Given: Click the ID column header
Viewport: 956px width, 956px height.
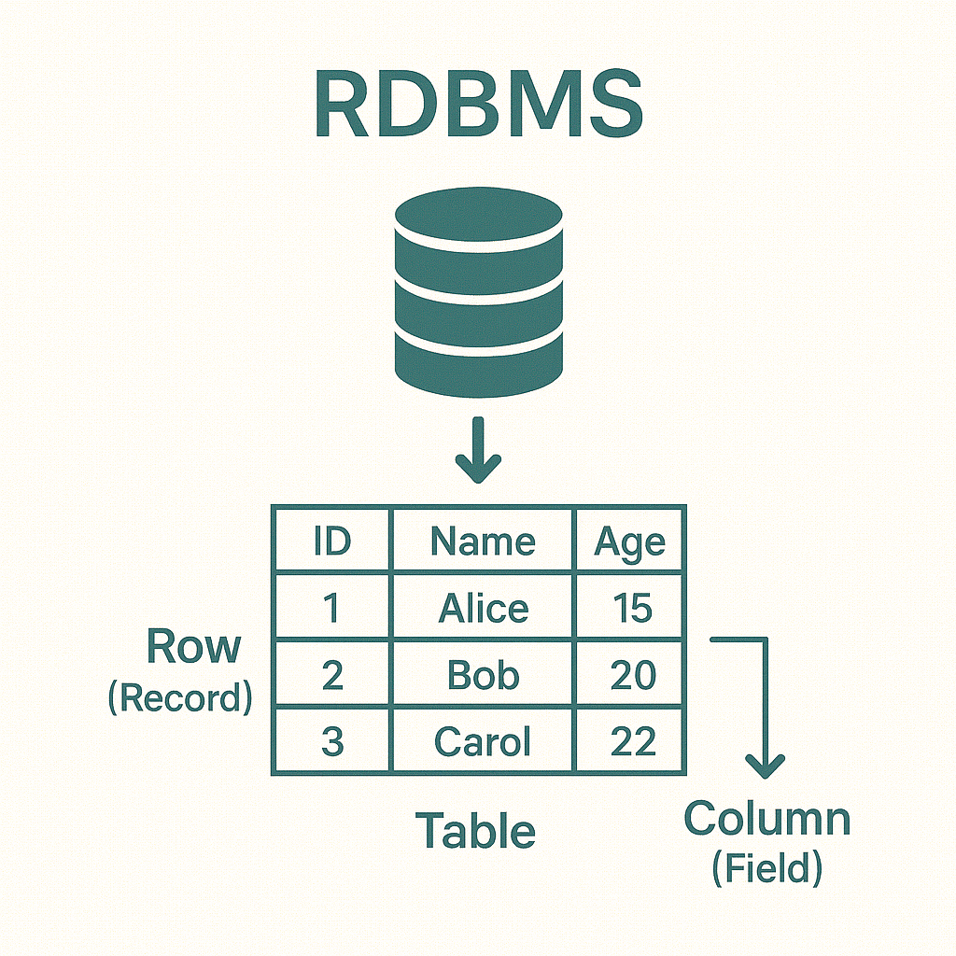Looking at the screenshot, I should click(x=332, y=541).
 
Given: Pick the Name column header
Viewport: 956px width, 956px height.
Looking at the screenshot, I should click(x=483, y=541).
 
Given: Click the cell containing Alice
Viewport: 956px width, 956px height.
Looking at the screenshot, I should click(x=483, y=609).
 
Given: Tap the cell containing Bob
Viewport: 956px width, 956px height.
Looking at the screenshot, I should click(x=483, y=675).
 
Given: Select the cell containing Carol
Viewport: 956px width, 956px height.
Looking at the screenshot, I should click(x=483, y=742).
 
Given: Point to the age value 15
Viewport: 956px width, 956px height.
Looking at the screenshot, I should click(x=632, y=609).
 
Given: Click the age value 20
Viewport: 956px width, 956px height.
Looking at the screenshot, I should click(x=632, y=675).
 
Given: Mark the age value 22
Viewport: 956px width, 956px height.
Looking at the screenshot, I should click(x=632, y=742).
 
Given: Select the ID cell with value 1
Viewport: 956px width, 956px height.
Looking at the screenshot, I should click(x=332, y=609).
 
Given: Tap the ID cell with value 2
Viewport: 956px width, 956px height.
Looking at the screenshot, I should click(x=332, y=675).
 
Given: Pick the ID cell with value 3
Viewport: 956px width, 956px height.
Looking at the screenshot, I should click(x=332, y=742).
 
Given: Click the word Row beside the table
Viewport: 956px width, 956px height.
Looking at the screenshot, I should click(x=193, y=647).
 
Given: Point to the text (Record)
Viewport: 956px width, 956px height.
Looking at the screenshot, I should click(x=180, y=698).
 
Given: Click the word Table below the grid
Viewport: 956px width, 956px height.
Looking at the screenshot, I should click(x=475, y=830).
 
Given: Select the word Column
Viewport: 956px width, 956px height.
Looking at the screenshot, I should click(x=766, y=820).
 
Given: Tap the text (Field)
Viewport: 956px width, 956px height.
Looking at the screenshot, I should click(x=766, y=869).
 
